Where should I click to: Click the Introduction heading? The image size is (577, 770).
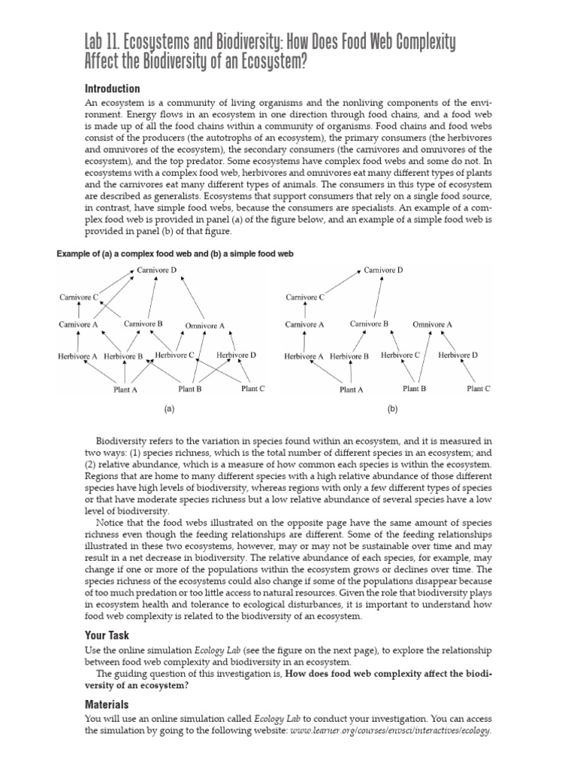point(112,89)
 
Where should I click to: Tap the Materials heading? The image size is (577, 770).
point(107,705)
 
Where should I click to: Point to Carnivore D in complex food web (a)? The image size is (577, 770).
point(157,269)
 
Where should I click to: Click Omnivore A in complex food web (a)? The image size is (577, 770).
point(204,326)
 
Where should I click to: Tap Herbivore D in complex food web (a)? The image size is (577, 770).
point(236,355)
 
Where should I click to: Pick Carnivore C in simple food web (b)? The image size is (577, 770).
point(305,297)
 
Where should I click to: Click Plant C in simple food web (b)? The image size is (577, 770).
point(479,389)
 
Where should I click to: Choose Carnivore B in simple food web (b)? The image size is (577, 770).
point(369,324)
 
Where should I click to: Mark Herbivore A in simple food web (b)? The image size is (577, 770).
point(304,356)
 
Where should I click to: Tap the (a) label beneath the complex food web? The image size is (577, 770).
point(169,409)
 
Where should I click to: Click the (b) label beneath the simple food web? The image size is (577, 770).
point(392,409)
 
